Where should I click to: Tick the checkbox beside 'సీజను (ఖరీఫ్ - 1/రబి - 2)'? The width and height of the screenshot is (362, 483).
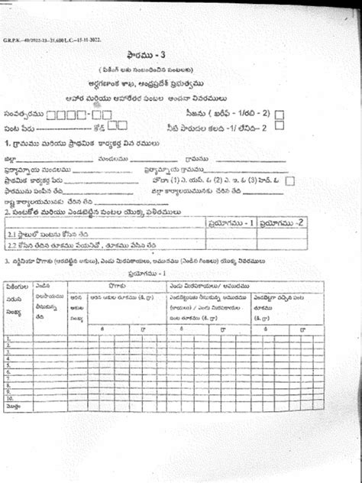point(280,115)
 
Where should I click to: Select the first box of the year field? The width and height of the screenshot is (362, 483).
point(51,115)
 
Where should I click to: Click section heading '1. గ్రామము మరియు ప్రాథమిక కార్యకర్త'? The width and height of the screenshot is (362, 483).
point(76,143)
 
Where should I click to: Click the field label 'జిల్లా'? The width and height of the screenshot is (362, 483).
point(11,159)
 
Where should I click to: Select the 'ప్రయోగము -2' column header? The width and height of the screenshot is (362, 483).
point(283,223)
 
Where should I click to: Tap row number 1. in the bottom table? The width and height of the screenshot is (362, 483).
point(8,337)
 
